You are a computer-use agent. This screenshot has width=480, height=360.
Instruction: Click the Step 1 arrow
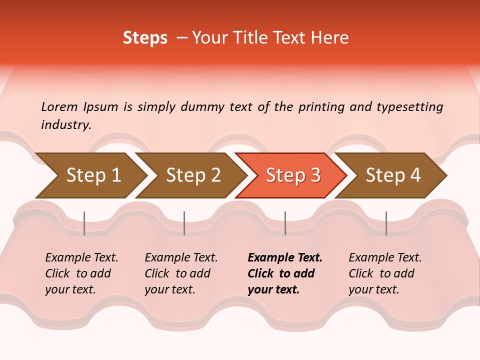click(93, 175)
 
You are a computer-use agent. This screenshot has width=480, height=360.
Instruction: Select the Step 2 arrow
click(193, 175)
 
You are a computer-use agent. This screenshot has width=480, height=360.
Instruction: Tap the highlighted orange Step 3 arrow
click(293, 175)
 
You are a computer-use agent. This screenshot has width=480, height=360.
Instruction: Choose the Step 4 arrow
click(393, 175)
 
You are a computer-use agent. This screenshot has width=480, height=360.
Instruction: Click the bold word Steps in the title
click(145, 38)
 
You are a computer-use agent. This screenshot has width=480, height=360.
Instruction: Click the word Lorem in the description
click(59, 106)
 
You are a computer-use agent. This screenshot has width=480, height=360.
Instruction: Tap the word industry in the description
click(66, 125)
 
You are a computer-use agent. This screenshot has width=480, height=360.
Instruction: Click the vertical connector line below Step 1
click(84, 223)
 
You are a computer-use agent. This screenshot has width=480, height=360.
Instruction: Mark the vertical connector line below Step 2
click(184, 223)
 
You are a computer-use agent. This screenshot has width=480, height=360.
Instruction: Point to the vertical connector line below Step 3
click(285, 223)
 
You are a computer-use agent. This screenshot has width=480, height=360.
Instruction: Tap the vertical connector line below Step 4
click(386, 223)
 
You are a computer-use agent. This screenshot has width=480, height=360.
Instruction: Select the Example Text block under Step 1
click(81, 273)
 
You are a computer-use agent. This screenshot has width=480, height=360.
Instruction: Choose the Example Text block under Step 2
click(181, 273)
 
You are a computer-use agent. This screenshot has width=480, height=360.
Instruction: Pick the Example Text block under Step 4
click(385, 273)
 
